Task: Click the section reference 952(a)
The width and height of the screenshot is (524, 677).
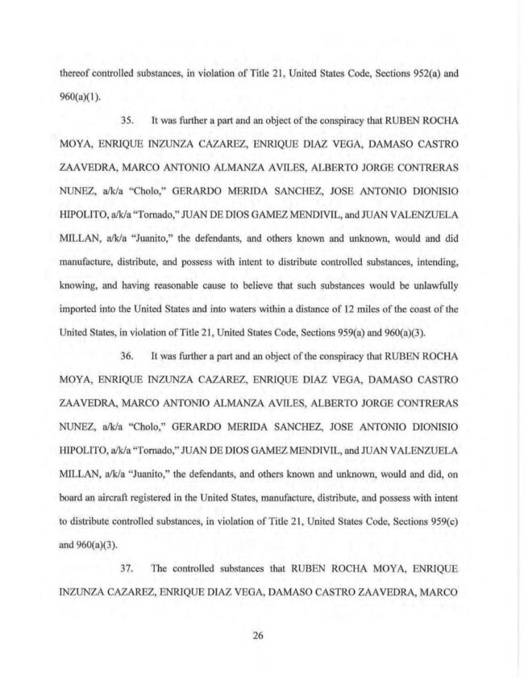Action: pos(422,72)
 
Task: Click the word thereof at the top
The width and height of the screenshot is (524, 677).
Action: pos(75,72)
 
